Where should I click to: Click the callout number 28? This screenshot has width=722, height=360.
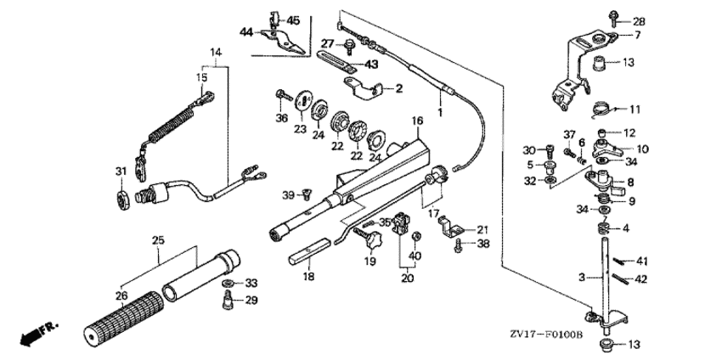639,21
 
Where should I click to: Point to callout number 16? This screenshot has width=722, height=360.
417,122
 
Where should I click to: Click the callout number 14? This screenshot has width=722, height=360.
216,52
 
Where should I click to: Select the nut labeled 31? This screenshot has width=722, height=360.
121,198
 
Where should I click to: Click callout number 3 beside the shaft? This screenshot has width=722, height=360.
581,278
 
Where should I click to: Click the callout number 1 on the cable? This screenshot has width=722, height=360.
440,112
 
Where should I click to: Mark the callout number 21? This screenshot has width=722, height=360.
482,229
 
